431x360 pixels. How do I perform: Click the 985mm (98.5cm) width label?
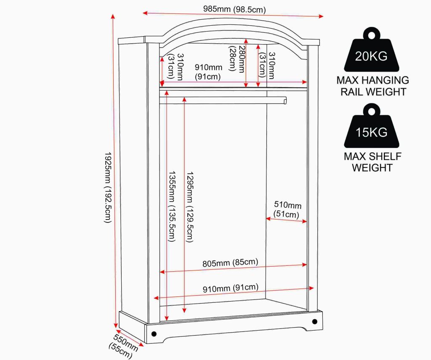click(234, 9)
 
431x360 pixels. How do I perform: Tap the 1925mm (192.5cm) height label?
click(108, 187)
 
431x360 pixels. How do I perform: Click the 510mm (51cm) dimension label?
click(287, 209)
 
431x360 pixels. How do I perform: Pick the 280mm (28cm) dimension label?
click(237, 59)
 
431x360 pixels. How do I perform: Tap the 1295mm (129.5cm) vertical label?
click(190, 207)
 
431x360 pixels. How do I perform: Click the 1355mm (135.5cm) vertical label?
click(172, 206)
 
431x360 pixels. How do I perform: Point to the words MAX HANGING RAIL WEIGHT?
click(373, 86)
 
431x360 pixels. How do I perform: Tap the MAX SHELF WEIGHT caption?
click(372, 162)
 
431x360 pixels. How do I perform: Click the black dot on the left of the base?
click(154, 334)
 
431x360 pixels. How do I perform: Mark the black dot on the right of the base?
click(315, 321)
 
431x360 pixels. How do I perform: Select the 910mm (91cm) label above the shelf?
click(208, 72)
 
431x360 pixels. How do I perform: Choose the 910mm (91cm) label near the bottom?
click(231, 288)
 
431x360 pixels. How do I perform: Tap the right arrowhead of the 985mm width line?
click(322, 16)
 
